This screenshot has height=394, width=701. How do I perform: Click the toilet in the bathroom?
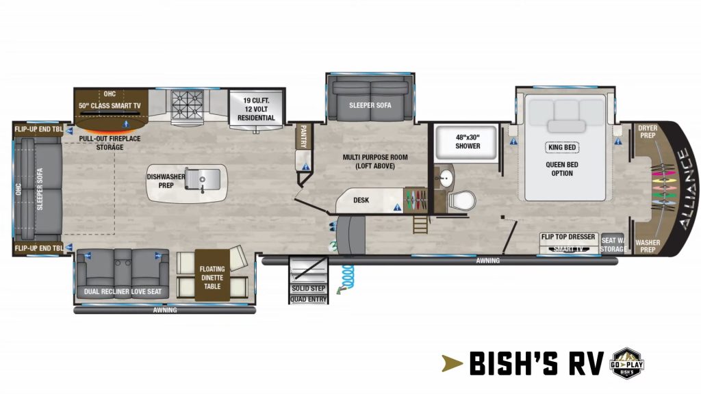click(462, 199)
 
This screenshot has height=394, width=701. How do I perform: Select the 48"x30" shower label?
click(468, 142)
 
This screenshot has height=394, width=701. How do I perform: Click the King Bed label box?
click(562, 148)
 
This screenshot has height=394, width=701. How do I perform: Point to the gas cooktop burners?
click(188, 105)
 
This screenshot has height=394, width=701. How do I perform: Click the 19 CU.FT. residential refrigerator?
click(256, 109)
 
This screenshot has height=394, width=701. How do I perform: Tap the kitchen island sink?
click(203, 180)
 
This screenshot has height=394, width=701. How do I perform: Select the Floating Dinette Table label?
click(212, 278)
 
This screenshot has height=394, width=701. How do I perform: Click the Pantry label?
click(303, 136)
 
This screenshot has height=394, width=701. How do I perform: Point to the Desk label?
click(361, 200)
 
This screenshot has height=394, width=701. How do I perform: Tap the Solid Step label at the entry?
click(309, 288)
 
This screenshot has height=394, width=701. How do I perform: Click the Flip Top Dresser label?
click(568, 237)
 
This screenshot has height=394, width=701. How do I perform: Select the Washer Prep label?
click(648, 246)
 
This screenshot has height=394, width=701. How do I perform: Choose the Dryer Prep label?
click(648, 131)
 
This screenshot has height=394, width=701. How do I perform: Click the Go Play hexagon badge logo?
click(627, 363)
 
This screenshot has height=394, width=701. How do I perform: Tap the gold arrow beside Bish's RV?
click(452, 363)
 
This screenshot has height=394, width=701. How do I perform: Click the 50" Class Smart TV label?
click(110, 106)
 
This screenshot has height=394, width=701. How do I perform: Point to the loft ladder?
click(420, 224)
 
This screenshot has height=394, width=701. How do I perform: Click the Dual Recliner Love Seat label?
click(123, 291)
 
